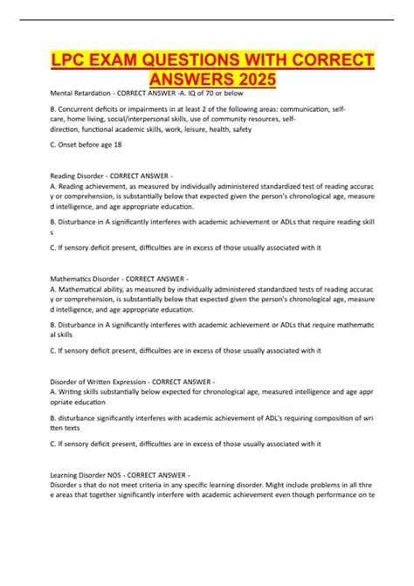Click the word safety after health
tap(238, 129)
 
